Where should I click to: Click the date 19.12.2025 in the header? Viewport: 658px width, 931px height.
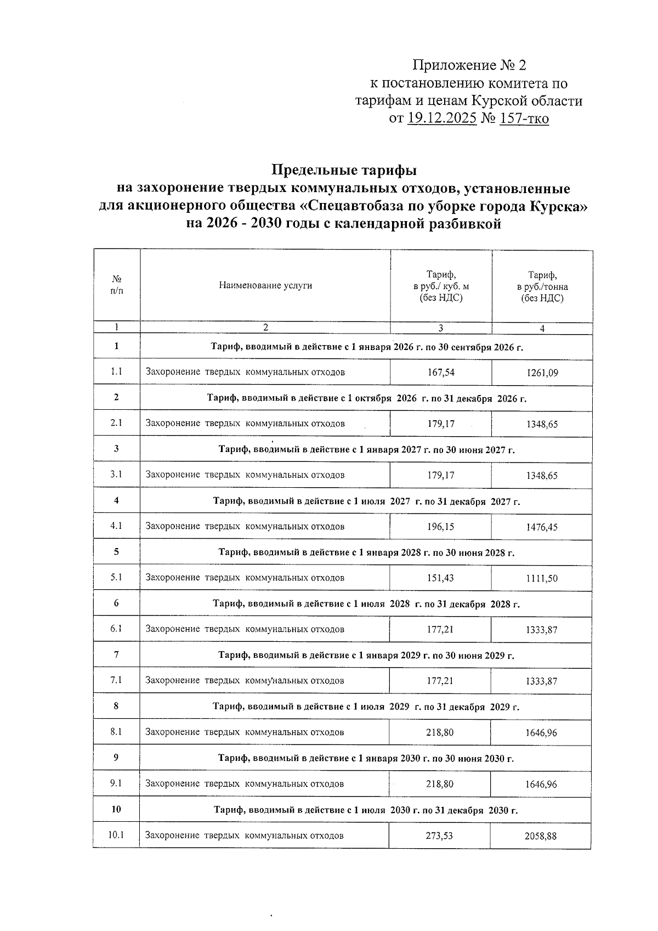pos(441,118)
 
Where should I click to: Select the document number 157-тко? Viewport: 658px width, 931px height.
pos(524,118)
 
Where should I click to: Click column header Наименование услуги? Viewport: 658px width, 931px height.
pos(265,285)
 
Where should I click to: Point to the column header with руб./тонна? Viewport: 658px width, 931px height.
pos(542,286)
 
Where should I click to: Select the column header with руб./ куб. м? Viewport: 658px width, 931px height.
pos(441,286)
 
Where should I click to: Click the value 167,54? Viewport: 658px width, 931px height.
pos(441,373)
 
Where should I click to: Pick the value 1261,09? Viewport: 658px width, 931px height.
pos(542,373)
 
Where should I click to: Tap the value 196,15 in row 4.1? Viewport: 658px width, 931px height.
pos(441,527)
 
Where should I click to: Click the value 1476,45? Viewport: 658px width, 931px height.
pos(542,527)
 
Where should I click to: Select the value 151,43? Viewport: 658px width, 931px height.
pos(441,578)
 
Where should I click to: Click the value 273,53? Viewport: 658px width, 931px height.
pos(440,836)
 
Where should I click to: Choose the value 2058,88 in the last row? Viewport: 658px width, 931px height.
pos(541,836)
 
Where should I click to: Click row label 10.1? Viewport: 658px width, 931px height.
pos(116,836)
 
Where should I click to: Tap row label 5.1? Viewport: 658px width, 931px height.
pos(116,578)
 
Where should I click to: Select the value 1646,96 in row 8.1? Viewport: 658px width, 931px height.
pos(541,733)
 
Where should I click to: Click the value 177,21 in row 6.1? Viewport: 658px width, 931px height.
pos(440,629)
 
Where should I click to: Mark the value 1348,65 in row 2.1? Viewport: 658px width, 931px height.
pos(542,425)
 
